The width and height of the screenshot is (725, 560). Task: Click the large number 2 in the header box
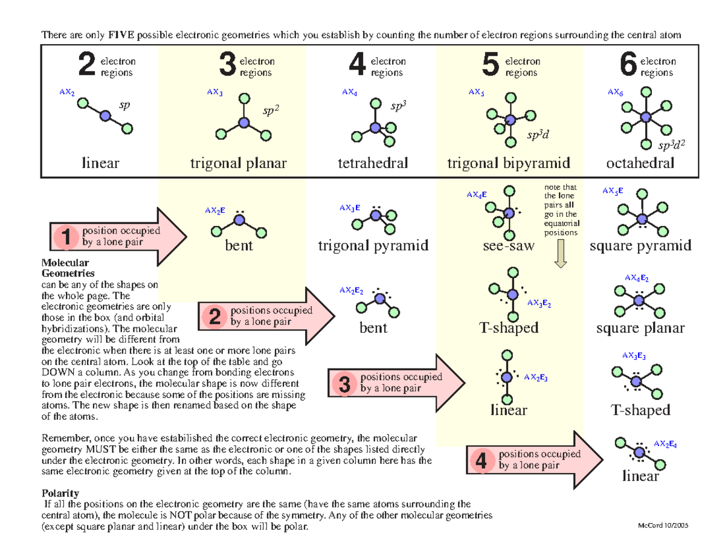[x=87, y=66]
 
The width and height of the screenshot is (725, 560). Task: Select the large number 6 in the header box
[x=628, y=66]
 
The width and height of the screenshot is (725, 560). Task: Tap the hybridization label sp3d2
[x=673, y=145]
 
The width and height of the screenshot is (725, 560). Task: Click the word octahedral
[x=641, y=163]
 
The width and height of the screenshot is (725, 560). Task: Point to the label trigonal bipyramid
[x=509, y=163]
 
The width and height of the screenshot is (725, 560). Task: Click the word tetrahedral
[x=373, y=163]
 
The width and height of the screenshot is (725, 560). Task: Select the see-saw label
[x=509, y=246]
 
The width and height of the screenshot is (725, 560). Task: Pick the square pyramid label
[x=640, y=246]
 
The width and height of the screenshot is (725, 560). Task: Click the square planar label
[x=640, y=328]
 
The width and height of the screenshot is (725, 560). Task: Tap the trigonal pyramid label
[x=373, y=246]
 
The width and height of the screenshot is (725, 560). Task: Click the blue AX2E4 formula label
[x=664, y=444]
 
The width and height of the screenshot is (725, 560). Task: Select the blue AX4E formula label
[x=476, y=195]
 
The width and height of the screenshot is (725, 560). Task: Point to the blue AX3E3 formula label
[x=634, y=355]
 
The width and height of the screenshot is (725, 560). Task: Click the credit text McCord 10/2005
[x=662, y=525]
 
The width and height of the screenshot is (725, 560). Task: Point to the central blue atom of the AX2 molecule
[x=106, y=116]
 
